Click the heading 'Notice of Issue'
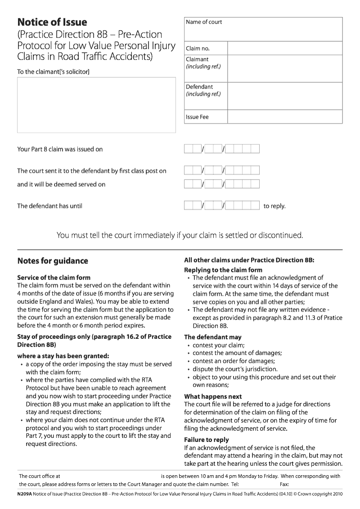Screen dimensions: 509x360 coord(52,22)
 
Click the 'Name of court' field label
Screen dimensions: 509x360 coord(204,22)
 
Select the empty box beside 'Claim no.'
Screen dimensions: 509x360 coord(284,48)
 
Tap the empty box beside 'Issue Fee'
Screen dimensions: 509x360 coord(284,117)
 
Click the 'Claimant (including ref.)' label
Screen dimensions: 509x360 coord(203,63)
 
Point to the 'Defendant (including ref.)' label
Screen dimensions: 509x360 coord(203,90)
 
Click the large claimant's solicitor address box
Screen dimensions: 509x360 coord(96,105)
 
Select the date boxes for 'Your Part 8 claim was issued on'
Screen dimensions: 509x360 coord(221,149)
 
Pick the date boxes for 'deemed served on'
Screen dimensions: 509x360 coord(221,184)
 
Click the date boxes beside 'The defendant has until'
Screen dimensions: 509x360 coord(221,206)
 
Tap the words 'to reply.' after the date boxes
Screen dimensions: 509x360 coord(274,207)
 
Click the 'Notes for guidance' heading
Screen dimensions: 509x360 coord(53,261)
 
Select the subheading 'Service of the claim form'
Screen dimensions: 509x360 coord(54,278)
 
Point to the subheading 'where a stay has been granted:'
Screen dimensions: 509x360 coord(63,356)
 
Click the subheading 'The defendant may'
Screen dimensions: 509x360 coord(212,337)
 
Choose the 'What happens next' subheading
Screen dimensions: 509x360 coord(213,396)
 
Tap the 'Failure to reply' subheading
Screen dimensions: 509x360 coord(207,440)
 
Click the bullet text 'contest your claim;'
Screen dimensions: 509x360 coord(219,345)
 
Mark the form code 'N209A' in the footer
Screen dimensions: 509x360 coord(25,494)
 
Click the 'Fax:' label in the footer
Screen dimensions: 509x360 coord(284,485)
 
